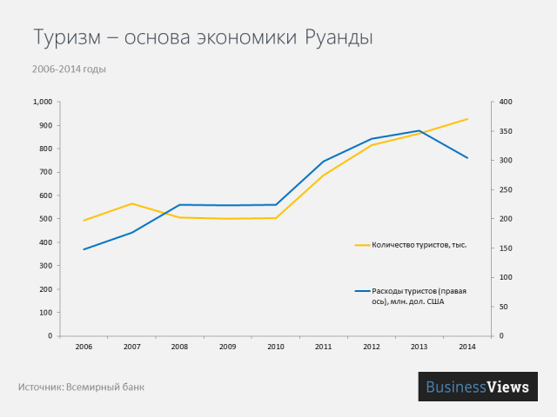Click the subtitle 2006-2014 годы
[x=70, y=69]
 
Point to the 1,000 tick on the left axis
[x=43, y=103]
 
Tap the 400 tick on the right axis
[x=506, y=103]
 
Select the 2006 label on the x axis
[x=84, y=347]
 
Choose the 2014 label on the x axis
[x=467, y=347]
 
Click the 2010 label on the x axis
[x=276, y=347]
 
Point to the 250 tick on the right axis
[x=506, y=189]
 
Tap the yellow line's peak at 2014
[x=467, y=119]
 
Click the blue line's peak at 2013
[x=419, y=130]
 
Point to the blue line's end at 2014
[x=467, y=158]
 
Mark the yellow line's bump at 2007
[x=131, y=203]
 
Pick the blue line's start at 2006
[x=84, y=249]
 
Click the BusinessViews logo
[x=478, y=387]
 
